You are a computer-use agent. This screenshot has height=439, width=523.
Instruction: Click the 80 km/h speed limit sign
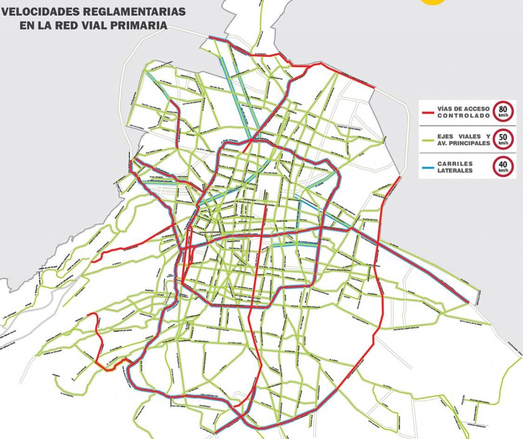click(503, 111)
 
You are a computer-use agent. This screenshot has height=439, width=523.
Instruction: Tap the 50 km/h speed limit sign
click(503, 140)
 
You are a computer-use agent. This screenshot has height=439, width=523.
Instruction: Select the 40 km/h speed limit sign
click(503, 167)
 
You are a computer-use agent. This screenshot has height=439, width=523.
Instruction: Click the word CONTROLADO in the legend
click(464, 115)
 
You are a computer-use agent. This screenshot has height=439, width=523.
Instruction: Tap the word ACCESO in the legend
click(477, 108)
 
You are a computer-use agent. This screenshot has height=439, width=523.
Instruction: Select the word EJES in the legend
click(446, 136)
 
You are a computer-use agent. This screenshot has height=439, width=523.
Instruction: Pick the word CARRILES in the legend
click(455, 164)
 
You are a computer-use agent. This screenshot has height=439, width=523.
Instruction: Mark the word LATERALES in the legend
click(455, 170)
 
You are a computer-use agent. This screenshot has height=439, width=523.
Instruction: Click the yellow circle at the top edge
click(432, 2)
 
